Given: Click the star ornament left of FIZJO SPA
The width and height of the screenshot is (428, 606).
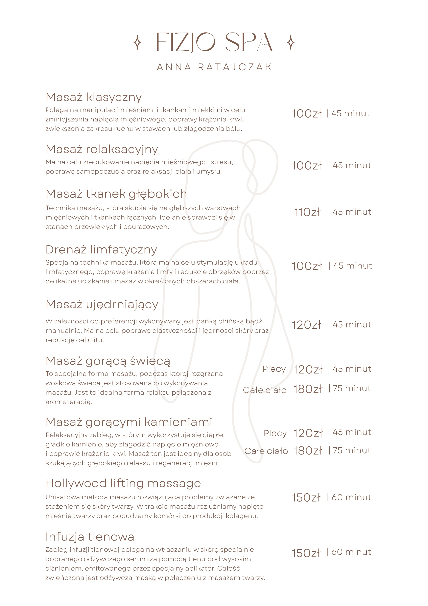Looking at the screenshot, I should coord(137,42).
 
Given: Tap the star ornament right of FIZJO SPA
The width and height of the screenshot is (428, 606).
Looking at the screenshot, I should coord(291,42).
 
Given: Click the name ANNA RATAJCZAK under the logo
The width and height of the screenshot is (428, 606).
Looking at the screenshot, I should coord(214,67).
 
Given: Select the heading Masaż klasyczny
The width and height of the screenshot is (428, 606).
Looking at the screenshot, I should coord(94,97).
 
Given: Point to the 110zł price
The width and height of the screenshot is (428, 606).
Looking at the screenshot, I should coord(307,212).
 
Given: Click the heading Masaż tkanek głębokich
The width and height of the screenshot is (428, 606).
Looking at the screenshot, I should coord(116,194).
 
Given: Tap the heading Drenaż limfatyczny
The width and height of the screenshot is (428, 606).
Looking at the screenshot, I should coord(101,250).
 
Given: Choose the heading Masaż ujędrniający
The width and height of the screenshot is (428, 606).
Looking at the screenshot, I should coord(102,305).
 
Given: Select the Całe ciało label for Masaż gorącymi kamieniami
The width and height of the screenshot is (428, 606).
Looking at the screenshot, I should coord(266,451).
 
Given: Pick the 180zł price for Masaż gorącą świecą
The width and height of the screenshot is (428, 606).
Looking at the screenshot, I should coord(308,389).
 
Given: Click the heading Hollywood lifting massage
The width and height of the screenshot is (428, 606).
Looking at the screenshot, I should coord(123,484).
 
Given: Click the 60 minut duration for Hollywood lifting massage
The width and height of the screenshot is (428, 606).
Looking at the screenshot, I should coord(351,497).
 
